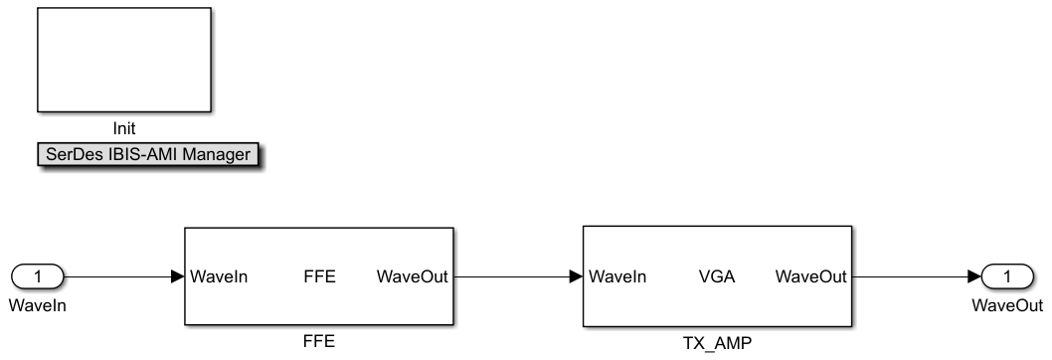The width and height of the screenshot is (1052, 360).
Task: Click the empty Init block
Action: (124, 60)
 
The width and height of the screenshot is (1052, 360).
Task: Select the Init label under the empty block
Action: (124, 128)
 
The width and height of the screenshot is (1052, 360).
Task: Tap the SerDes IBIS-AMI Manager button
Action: (148, 154)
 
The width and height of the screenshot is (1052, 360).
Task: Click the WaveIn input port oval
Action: (38, 276)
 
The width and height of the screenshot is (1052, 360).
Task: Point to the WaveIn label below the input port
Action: (38, 305)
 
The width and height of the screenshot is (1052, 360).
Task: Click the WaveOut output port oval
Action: (1007, 276)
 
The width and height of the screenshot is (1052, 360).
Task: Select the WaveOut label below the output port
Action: (1007, 305)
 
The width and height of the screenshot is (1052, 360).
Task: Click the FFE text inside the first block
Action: (319, 276)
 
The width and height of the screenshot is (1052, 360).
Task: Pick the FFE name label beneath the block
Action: (319, 341)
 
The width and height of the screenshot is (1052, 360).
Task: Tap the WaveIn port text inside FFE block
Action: (220, 276)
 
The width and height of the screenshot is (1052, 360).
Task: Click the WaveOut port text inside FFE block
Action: (412, 276)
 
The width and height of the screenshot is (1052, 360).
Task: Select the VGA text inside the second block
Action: (717, 276)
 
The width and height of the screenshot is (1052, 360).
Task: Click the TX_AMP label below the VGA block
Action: (717, 343)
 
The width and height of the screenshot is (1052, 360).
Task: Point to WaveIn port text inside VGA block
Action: (617, 276)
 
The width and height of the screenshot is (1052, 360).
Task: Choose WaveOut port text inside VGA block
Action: (811, 276)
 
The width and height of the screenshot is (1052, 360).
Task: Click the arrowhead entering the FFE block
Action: (178, 276)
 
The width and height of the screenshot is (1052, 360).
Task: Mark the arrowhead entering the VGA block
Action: (577, 276)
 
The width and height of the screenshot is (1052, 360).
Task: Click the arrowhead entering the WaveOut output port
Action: (974, 276)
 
